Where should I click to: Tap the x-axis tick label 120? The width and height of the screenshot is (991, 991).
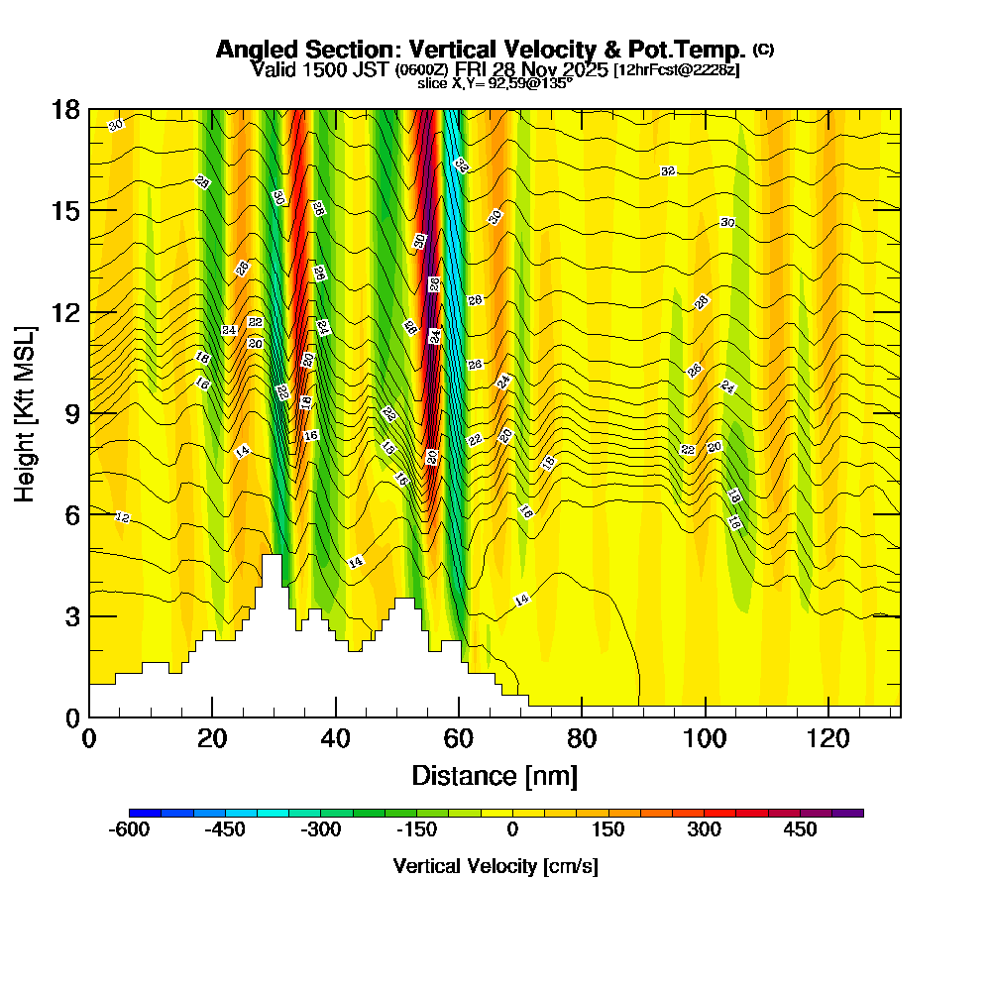827,740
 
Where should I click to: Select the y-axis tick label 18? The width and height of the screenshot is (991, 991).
65,110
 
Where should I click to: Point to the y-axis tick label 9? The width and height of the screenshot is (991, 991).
71,413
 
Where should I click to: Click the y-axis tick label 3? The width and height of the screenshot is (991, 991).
71,616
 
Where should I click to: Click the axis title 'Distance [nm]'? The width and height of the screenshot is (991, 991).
495,775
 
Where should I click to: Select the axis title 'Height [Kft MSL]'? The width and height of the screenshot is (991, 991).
25,412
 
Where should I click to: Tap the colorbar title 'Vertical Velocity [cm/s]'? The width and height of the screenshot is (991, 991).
495,866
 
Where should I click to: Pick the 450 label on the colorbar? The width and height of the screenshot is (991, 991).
801,829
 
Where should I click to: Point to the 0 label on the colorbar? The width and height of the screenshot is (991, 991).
512,829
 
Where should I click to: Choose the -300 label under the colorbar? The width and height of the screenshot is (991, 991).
321,829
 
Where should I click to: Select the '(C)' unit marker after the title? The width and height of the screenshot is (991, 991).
763,50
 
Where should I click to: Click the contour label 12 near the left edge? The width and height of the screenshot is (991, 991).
123,517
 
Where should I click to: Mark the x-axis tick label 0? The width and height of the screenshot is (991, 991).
89,740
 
